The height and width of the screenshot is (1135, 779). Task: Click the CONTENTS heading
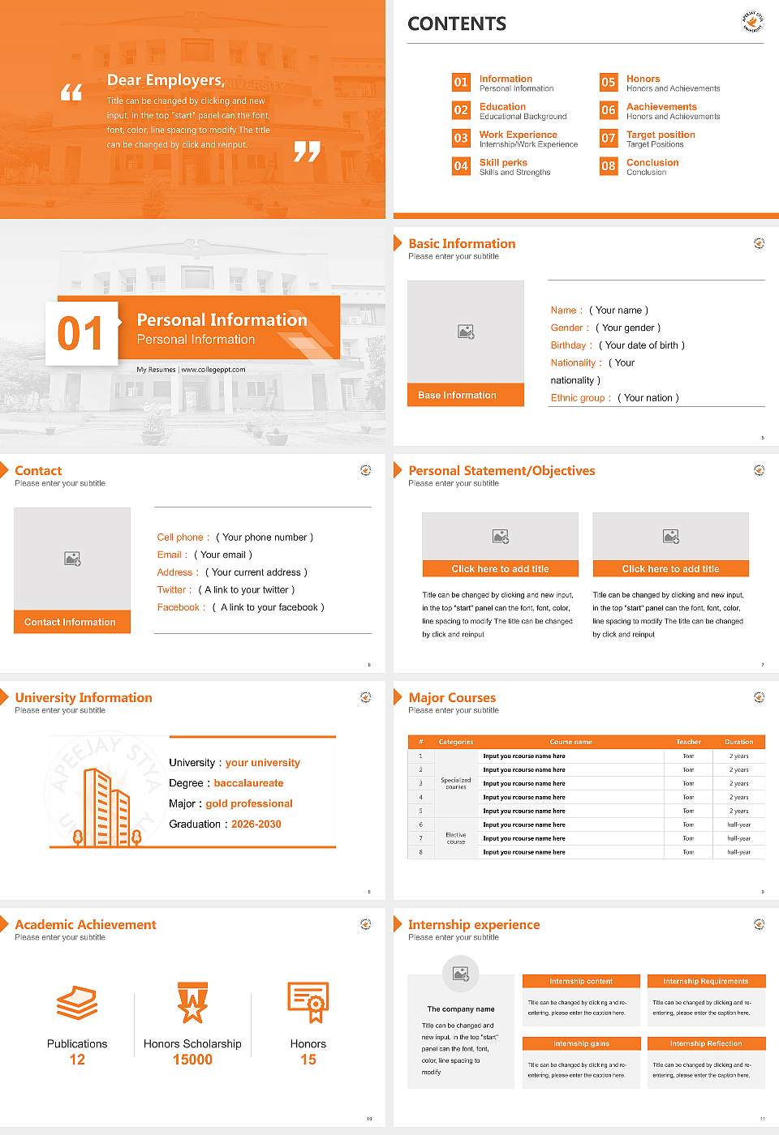coord(457,24)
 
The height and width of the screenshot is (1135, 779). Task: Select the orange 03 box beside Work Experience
coord(461,138)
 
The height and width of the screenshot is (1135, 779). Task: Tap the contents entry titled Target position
coord(661,135)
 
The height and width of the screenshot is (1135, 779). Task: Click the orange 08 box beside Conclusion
coord(609,166)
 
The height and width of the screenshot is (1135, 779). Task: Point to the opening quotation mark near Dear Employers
coord(71,92)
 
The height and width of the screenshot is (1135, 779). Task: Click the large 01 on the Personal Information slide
coord(80,334)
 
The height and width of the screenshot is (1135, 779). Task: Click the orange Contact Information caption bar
coord(71,622)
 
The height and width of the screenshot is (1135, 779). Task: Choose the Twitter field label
coord(174,589)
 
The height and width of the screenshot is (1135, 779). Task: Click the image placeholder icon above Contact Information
coord(72,559)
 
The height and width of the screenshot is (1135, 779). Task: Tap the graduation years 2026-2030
coord(256,824)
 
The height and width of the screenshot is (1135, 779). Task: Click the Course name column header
coord(570,742)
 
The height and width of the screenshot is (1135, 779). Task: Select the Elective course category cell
coord(455,838)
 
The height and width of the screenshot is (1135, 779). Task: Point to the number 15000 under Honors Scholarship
coord(192,1060)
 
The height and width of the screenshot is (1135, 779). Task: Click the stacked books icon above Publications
coord(77,1004)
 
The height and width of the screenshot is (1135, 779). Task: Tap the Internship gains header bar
coord(581,1043)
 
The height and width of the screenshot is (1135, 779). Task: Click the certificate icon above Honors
coord(308,1002)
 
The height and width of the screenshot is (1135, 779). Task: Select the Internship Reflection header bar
coord(705,1043)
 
